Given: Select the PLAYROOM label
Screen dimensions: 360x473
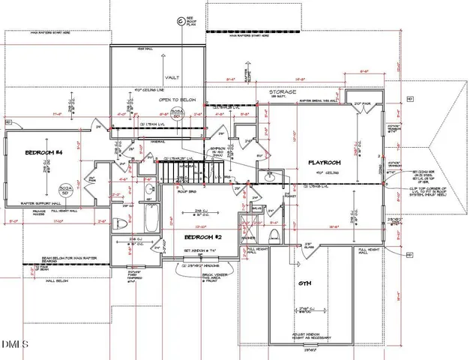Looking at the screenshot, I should click(x=325, y=162).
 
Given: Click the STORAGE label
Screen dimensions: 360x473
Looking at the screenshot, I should click(x=283, y=93).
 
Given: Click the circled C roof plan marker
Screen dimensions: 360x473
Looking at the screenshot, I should click(x=179, y=22).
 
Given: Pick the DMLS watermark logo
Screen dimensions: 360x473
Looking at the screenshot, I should click(x=13, y=346).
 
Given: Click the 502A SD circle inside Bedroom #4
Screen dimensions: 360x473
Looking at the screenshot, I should click(x=65, y=188).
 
